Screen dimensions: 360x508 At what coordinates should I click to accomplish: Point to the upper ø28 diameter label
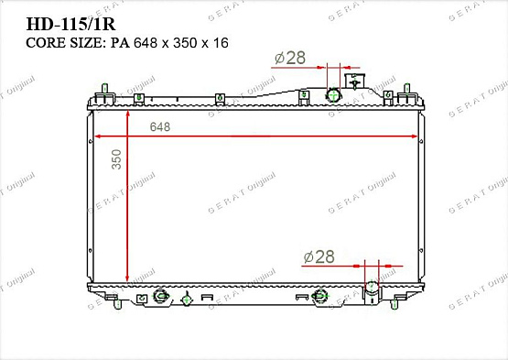tap(289, 59)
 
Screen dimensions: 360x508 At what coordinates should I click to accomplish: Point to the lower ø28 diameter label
tap(319, 257)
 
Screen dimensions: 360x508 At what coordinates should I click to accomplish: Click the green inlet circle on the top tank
tap(333, 95)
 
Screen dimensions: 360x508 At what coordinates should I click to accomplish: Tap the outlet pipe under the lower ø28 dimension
tap(373, 290)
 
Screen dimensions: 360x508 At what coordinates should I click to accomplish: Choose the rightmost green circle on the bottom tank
tap(319, 295)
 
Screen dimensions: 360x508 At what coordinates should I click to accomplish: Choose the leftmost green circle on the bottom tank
tap(161, 296)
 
